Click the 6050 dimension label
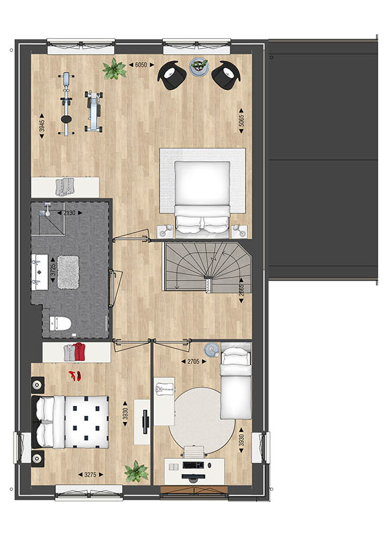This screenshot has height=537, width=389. (141, 65)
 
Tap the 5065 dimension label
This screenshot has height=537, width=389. (242, 121)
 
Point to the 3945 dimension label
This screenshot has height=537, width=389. (42, 126)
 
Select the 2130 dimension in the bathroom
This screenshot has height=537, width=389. (69, 213)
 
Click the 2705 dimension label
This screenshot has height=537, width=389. (194, 361)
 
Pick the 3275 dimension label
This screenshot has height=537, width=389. (90, 475)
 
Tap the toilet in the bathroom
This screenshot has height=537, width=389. (60, 324)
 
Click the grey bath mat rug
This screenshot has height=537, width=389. (68, 272)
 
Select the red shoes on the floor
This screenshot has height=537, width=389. (75, 376)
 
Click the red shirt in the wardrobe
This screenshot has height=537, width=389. (79, 352)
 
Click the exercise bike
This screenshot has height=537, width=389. (66, 104)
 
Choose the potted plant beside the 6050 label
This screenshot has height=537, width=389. (114, 69)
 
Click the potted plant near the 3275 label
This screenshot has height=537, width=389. (137, 472)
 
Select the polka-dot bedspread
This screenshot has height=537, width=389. (86, 422)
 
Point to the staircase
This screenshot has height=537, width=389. (207, 267)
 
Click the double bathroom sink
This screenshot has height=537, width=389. (40, 272)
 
